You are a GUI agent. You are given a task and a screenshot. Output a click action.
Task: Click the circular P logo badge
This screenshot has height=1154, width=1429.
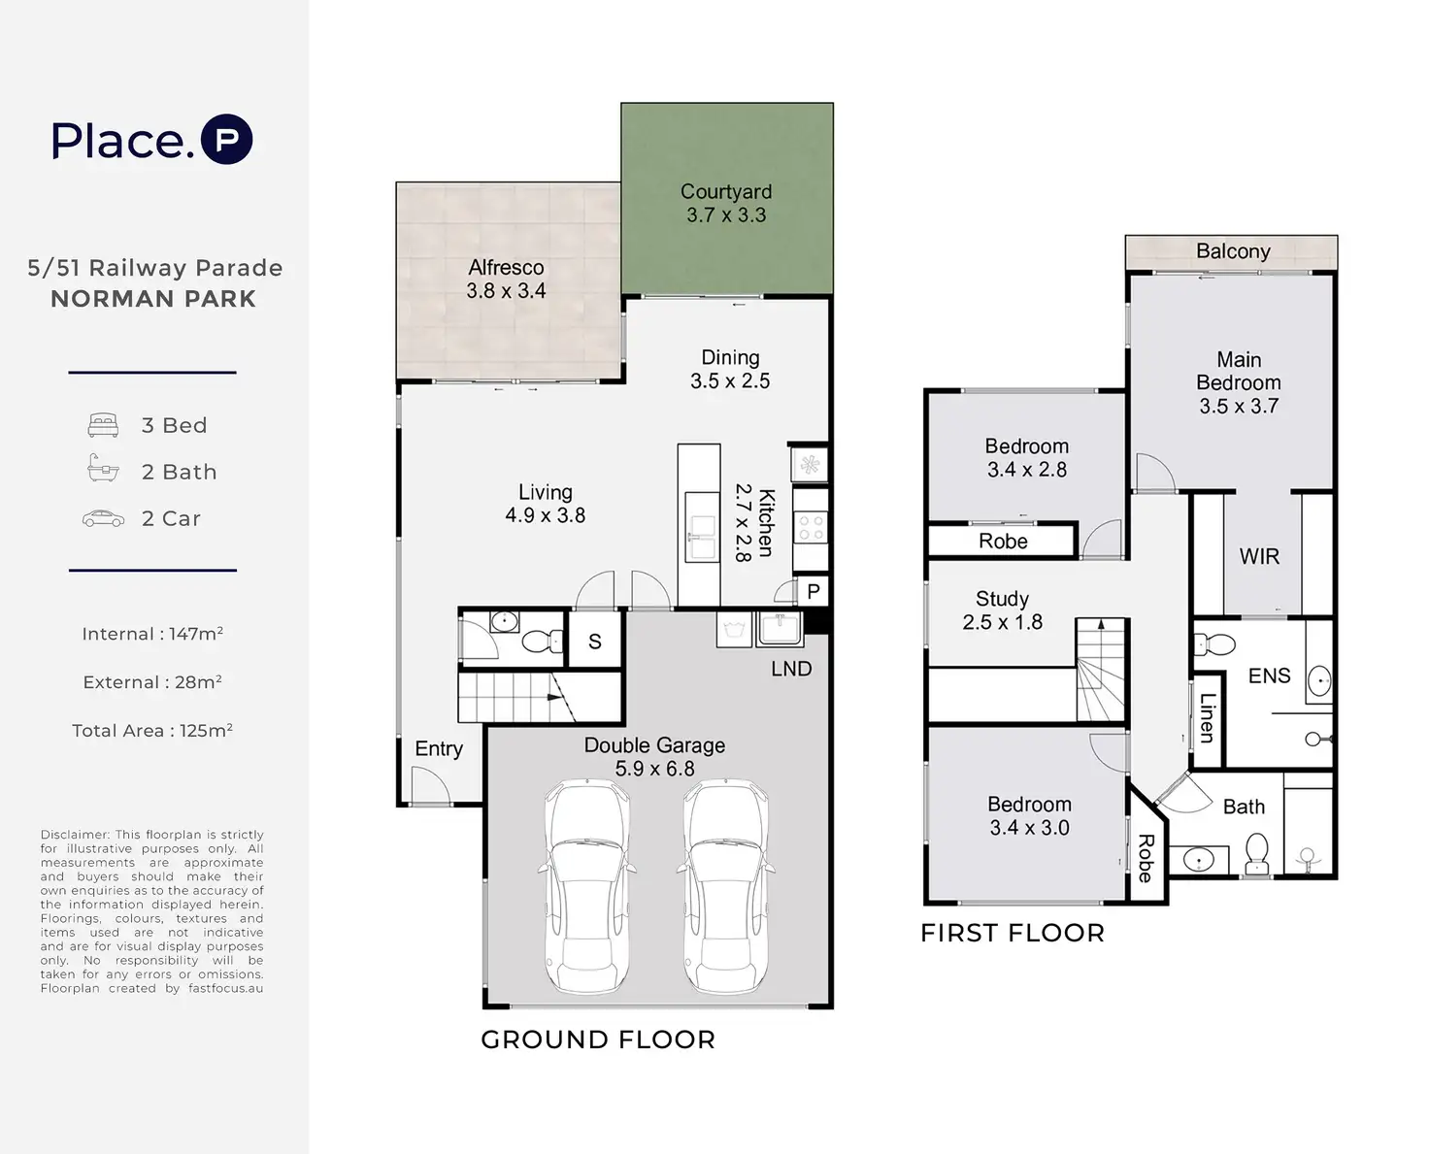tap(227, 139)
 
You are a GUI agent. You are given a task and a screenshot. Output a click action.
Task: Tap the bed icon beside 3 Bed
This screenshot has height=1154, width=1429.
tap(103, 425)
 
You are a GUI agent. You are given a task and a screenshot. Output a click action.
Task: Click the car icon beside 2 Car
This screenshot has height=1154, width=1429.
tap(103, 518)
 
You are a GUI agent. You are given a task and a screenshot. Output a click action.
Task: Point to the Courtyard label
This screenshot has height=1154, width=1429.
tap(726, 192)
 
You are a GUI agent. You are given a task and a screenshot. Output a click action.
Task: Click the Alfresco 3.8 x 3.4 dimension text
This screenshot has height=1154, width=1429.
tap(506, 290)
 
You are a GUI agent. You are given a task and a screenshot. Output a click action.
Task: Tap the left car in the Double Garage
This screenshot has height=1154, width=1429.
tap(587, 886)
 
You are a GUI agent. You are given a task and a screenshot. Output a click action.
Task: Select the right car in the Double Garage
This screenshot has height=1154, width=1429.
tap(725, 886)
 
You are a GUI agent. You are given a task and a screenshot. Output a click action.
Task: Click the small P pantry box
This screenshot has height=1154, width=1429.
tap(814, 591)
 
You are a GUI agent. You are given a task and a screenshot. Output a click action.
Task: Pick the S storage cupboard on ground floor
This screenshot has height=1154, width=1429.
tap(595, 640)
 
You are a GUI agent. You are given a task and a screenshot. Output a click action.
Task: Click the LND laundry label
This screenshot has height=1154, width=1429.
tap(791, 669)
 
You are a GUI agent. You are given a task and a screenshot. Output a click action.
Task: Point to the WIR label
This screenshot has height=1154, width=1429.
tap(1259, 556)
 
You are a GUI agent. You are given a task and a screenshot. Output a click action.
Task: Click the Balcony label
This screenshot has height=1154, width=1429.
tap(1233, 250)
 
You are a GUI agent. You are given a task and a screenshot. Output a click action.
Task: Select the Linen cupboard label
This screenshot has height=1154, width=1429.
tap(1208, 718)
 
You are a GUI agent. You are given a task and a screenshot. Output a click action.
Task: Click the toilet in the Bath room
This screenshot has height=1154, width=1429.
tap(1256, 853)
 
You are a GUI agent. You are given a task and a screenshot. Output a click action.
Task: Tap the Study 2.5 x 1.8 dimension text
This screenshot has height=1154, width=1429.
tap(1002, 621)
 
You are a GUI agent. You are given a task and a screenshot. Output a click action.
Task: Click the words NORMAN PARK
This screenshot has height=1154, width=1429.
tap(153, 298)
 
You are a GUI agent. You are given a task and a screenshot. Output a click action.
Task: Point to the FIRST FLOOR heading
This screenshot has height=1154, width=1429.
tap(1013, 933)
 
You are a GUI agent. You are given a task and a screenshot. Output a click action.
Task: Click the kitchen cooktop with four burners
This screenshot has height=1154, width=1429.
tap(811, 527)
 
